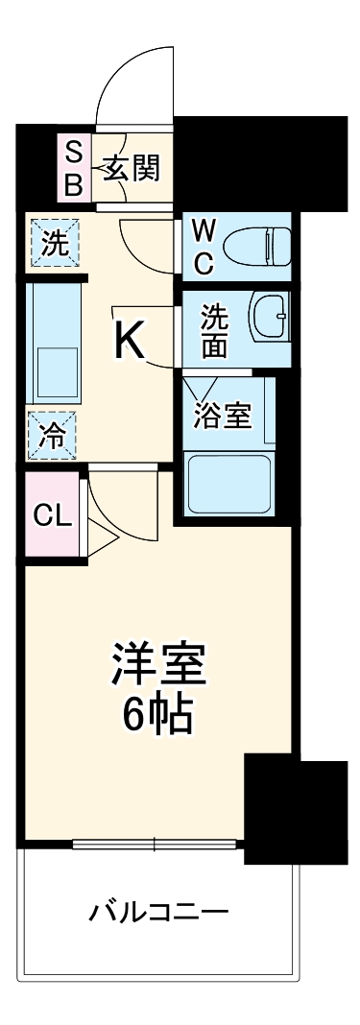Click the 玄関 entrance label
point(132,168)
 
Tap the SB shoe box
point(73,168)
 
